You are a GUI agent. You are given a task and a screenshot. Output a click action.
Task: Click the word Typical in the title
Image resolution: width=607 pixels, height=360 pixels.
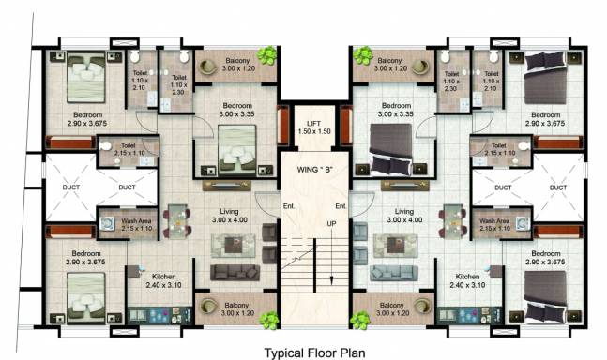[284, 353]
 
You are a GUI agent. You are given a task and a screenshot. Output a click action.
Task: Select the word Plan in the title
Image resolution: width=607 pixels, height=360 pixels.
[352, 353]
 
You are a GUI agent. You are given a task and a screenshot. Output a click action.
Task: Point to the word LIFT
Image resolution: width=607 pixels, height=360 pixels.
[313, 124]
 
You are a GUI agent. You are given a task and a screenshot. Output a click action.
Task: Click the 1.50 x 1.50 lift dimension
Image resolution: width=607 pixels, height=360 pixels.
[314, 131]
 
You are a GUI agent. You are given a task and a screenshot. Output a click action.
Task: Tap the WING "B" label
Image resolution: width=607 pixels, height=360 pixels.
[315, 170]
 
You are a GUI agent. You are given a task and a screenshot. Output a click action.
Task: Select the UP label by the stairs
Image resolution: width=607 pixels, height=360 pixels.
[331, 223]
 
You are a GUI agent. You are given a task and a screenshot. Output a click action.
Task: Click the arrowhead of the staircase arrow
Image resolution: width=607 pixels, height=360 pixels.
[331, 280]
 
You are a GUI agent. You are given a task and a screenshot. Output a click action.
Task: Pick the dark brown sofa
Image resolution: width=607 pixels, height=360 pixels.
[235, 273]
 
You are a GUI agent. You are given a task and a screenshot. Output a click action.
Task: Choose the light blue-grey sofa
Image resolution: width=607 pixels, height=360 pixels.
[394, 273]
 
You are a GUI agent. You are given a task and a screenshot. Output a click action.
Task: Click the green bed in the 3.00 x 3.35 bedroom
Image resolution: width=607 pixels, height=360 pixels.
[237, 149]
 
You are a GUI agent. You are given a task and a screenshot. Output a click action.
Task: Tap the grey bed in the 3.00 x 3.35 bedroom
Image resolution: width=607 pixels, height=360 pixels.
[391, 149]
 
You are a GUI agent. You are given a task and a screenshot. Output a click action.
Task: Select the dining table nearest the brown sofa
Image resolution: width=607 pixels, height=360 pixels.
[177, 221]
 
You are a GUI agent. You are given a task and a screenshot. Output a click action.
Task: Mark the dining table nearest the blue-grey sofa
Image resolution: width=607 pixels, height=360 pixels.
[452, 221]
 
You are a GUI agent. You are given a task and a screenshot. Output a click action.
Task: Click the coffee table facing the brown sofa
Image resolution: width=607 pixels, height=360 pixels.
[234, 245]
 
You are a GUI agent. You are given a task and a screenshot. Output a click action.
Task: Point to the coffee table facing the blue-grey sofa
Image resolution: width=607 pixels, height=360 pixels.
[395, 245]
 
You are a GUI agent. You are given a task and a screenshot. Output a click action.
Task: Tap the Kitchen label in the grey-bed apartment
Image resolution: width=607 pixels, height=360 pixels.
[467, 277]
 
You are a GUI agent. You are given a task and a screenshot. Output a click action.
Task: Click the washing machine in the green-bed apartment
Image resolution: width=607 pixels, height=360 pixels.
[107, 223]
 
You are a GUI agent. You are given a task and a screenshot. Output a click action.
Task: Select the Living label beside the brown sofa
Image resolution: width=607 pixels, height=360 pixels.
[229, 212]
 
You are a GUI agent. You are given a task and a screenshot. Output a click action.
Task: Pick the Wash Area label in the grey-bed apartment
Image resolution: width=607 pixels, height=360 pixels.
[494, 221]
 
